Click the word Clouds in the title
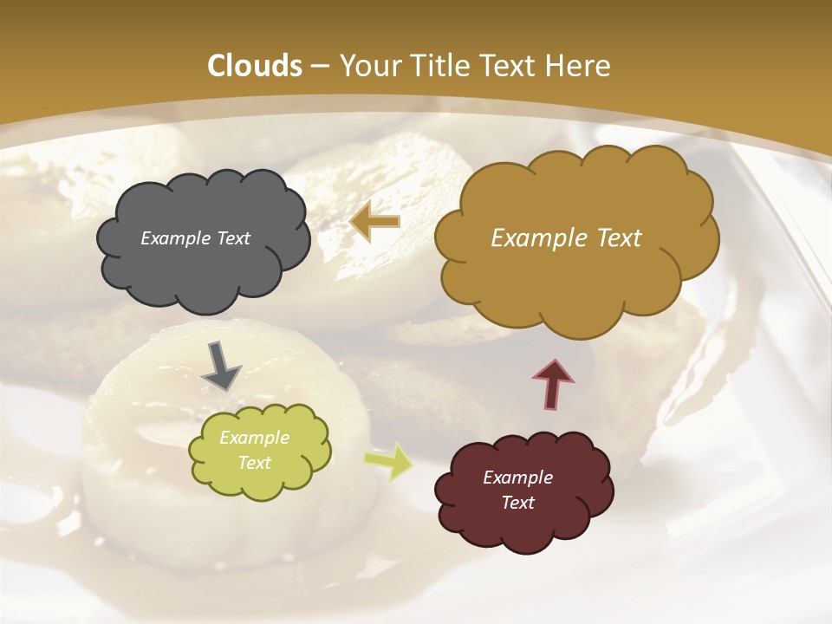click(255, 66)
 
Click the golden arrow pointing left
click(375, 222)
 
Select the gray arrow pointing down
click(222, 366)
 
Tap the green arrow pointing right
click(389, 461)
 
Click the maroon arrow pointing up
click(553, 384)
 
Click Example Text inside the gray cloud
click(195, 238)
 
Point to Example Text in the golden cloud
click(566, 238)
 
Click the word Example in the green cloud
click(254, 438)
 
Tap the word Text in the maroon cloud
click(517, 503)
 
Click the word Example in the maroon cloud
click(517, 478)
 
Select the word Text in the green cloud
click(254, 463)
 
